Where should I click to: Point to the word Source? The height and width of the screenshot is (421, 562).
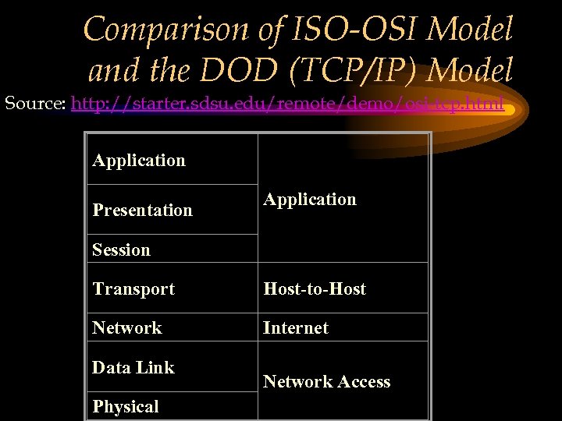35,104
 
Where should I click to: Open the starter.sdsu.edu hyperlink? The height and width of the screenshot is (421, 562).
287,104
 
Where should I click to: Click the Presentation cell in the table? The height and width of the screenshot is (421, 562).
142,210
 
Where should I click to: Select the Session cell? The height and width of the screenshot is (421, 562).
121,250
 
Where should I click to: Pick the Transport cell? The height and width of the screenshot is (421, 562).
133,289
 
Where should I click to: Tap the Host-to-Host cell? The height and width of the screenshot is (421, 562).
315,289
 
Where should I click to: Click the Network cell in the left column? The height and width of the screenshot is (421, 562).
127,328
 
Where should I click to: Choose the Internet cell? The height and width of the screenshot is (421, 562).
296,328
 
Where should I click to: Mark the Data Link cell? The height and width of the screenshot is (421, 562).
133,368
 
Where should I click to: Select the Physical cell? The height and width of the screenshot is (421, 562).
126,407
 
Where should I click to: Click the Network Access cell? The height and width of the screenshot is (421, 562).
326,382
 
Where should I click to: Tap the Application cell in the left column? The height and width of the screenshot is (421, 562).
139,161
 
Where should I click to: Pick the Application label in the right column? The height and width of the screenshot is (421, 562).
310,200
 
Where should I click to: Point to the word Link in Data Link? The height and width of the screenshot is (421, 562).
155,368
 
